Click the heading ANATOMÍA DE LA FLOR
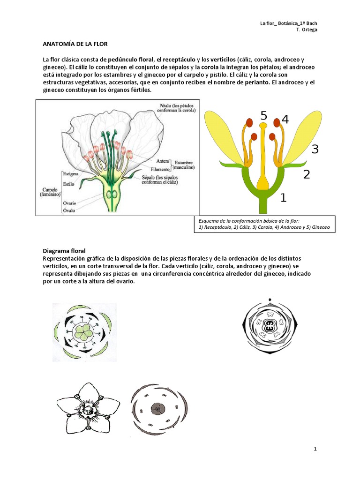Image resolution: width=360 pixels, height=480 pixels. pyautogui.click(x=75, y=44)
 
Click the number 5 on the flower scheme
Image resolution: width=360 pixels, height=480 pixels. pyautogui.click(x=264, y=115)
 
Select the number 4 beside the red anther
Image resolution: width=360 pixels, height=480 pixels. pyautogui.click(x=285, y=120)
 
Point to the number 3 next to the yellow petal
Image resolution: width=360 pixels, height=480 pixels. pyautogui.click(x=315, y=150)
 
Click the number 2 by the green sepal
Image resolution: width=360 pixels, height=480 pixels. pyautogui.click(x=307, y=175)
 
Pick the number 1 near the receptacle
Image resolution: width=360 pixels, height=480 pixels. pyautogui.click(x=283, y=198)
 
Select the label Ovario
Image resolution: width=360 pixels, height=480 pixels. pyautogui.click(x=69, y=203)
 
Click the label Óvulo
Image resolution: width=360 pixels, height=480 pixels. pyautogui.click(x=69, y=210)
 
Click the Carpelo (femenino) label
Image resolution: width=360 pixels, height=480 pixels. pyautogui.click(x=47, y=193)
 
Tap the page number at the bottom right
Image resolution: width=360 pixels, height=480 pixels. pyautogui.click(x=315, y=449)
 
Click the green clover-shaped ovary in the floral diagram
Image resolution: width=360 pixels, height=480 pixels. pyautogui.click(x=85, y=333)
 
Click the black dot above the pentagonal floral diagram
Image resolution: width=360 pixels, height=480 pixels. pyautogui.click(x=270, y=299)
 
